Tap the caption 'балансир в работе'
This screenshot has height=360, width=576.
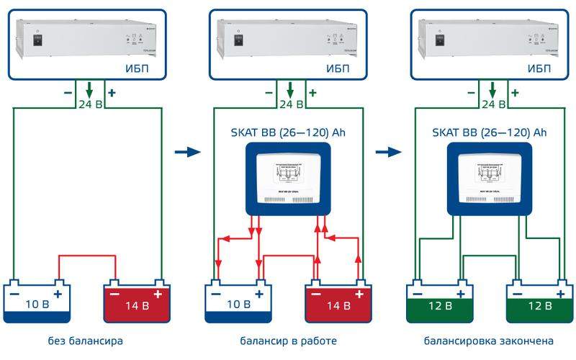[x=289, y=340]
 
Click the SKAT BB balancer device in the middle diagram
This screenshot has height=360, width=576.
[x=288, y=177]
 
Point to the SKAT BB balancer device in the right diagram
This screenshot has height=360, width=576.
[x=490, y=177]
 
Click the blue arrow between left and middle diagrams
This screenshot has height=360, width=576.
[x=186, y=153]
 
